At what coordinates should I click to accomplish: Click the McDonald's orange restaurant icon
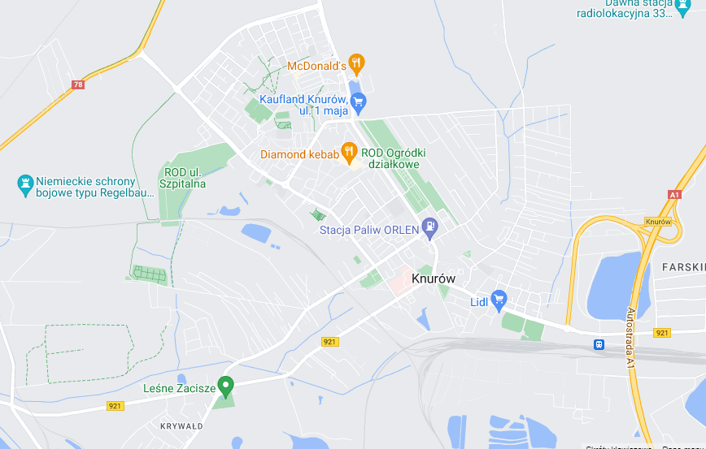click(x=356, y=63)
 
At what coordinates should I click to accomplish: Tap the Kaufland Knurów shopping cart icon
click(x=359, y=102)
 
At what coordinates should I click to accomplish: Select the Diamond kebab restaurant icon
click(x=349, y=150)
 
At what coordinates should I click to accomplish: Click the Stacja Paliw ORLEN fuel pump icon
click(x=429, y=227)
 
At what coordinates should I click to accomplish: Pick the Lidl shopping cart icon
click(x=499, y=300)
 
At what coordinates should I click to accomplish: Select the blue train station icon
click(x=599, y=344)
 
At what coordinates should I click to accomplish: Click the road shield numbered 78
click(x=78, y=84)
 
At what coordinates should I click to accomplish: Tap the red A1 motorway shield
click(x=673, y=195)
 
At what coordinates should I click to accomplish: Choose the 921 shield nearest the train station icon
click(x=662, y=333)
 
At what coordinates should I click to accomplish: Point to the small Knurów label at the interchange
click(x=657, y=222)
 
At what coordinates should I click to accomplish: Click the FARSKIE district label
click(x=683, y=266)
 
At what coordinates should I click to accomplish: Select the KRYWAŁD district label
click(x=181, y=425)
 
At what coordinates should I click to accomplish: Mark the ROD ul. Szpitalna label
click(x=185, y=178)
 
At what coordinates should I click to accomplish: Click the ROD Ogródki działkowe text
click(x=394, y=158)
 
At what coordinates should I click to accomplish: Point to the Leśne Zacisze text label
click(x=179, y=389)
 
